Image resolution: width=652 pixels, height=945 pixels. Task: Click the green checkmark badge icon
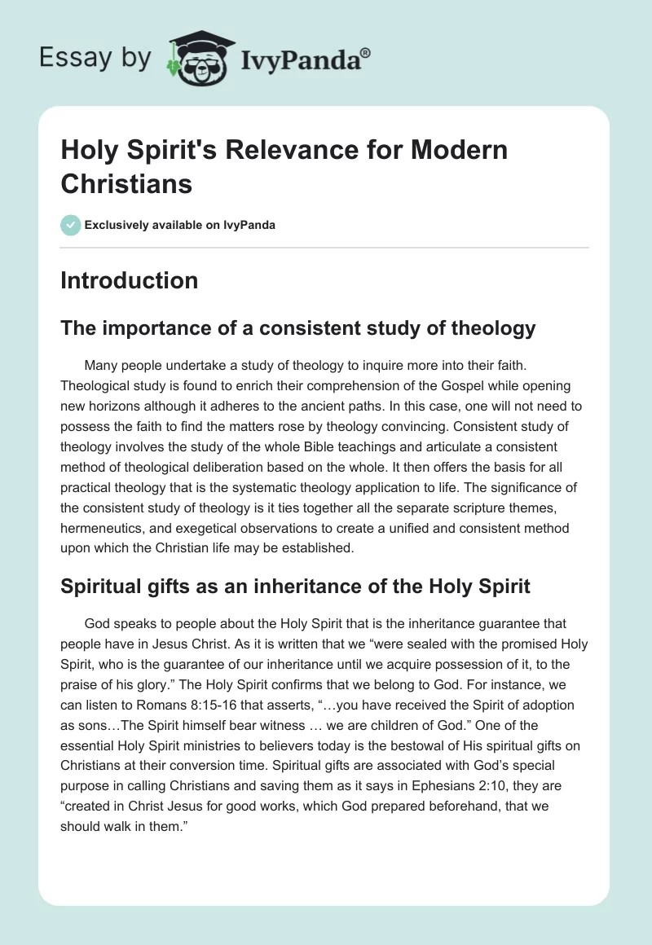(71, 225)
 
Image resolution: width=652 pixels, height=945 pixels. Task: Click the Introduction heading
(129, 280)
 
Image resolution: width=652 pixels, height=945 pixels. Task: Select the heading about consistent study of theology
(298, 328)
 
